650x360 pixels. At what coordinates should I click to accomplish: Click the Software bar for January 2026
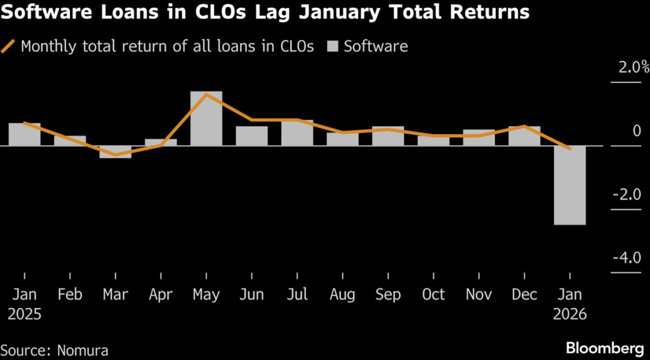(x=569, y=185)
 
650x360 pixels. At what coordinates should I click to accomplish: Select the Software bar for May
(x=206, y=119)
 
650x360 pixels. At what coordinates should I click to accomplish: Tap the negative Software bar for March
(x=116, y=152)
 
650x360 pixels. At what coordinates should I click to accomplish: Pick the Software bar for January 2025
(x=25, y=135)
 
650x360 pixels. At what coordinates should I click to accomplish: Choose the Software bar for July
(x=297, y=133)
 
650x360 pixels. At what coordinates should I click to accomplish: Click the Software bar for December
(x=524, y=136)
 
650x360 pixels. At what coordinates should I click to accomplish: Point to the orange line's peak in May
(x=206, y=95)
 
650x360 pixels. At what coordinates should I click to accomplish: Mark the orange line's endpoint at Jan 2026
(x=569, y=149)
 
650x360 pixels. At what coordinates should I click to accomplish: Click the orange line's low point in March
(x=116, y=154)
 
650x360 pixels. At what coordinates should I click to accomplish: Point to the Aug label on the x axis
(x=343, y=295)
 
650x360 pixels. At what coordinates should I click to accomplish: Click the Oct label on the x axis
(x=434, y=295)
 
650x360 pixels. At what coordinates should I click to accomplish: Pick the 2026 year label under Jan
(x=569, y=314)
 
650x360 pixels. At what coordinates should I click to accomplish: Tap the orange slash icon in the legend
(x=10, y=46)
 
